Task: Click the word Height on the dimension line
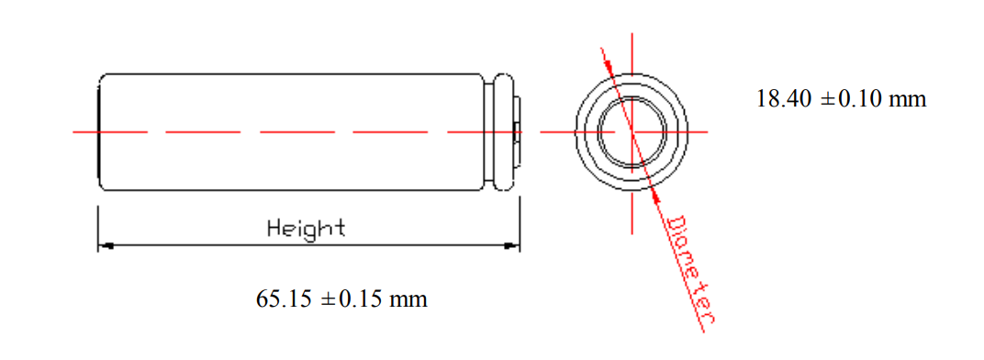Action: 306,228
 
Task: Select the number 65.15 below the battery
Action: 285,299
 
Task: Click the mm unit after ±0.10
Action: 908,99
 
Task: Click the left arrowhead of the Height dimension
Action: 105,246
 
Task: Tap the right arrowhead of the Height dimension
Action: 513,246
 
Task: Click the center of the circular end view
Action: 632,132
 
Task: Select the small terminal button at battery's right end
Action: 518,132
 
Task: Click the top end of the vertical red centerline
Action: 632,37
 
